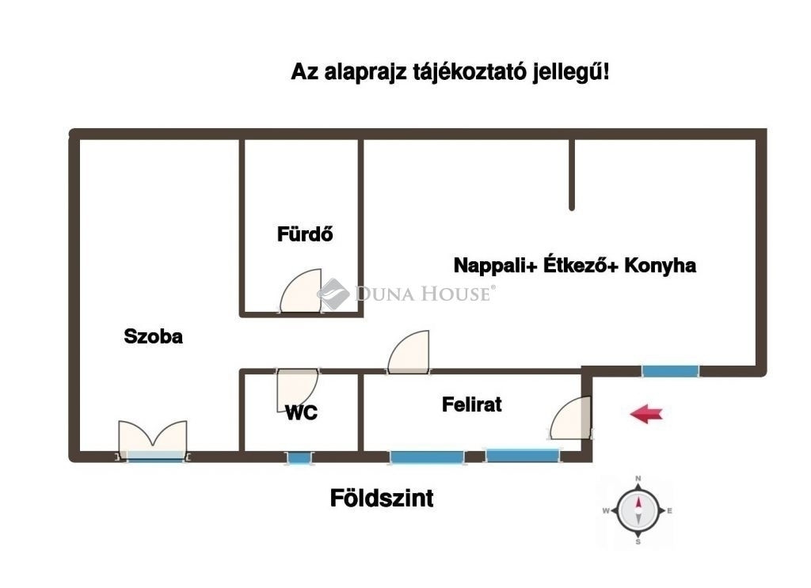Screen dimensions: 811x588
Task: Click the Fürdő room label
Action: [305, 234]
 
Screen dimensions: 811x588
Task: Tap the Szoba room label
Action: [153, 336]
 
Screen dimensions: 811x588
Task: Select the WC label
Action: [301, 413]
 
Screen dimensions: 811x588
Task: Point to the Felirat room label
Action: [472, 404]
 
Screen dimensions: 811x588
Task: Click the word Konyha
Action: [660, 266]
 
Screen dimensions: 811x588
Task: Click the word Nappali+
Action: [496, 266]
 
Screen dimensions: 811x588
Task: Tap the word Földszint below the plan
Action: [382, 498]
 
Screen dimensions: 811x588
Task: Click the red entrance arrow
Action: [646, 413]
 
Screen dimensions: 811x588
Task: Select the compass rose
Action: [638, 510]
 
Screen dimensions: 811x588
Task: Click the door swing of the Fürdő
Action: [300, 290]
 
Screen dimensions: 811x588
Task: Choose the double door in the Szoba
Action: [153, 439]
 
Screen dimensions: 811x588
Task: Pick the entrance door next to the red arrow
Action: [570, 418]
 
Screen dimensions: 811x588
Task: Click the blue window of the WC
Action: [298, 457]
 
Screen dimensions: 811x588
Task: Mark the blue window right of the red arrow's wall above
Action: [670, 371]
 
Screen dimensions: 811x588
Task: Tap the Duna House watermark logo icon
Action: [333, 294]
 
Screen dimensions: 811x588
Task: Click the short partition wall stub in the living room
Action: [572, 175]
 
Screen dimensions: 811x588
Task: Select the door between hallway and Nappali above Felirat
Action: [409, 351]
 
